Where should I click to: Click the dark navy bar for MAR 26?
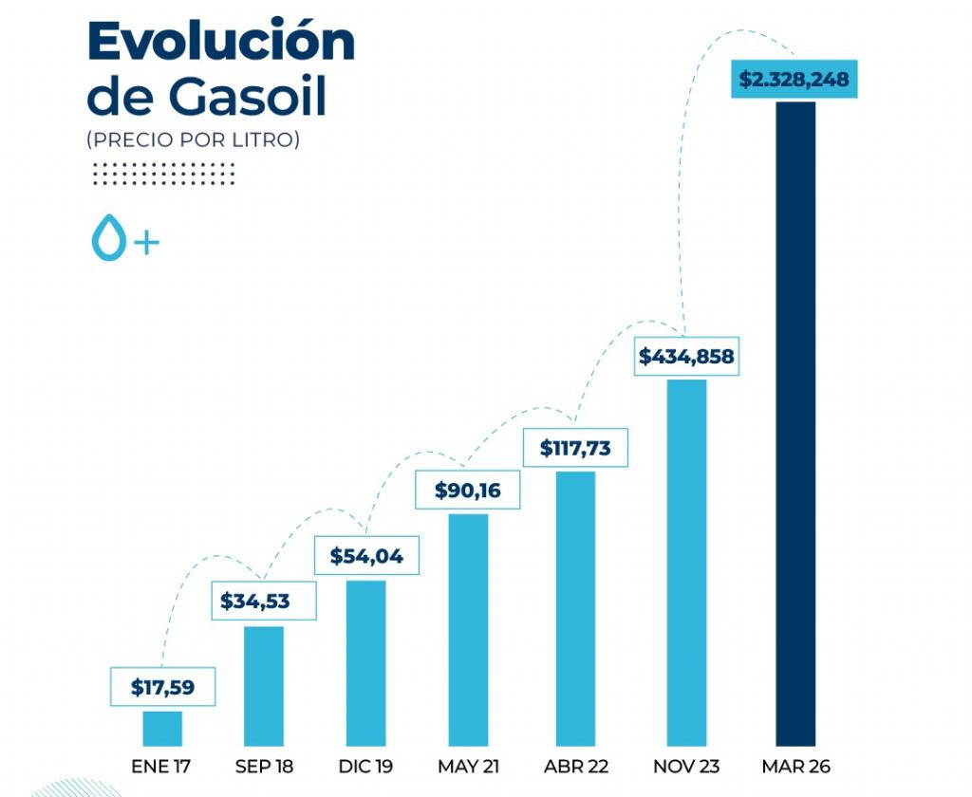(x=795, y=422)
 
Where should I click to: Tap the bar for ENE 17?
(x=162, y=728)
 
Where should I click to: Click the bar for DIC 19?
(x=365, y=663)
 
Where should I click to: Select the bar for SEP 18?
(x=264, y=686)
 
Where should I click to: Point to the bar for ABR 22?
(x=575, y=608)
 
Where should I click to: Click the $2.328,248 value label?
(x=794, y=80)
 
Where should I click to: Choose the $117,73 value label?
(x=575, y=447)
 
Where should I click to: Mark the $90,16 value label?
(x=468, y=491)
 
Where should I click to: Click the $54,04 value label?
(x=366, y=556)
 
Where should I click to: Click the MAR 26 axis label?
(x=795, y=766)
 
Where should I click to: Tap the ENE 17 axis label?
(x=162, y=766)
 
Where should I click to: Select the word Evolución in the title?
(x=220, y=42)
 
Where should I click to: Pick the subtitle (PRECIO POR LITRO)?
(x=193, y=140)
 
